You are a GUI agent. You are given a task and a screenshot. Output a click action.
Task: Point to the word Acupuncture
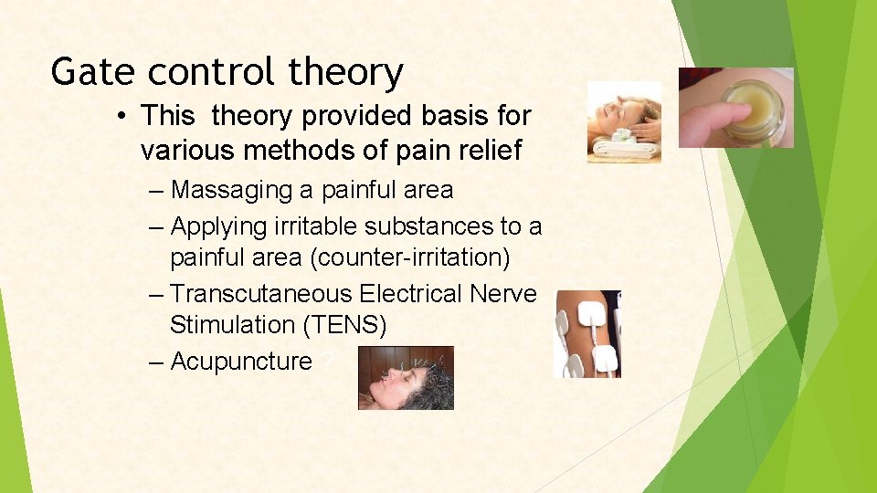coord(241,362)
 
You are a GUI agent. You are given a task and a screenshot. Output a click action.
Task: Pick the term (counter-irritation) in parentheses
coord(410,258)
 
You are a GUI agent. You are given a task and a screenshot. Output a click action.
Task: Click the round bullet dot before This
coord(121,117)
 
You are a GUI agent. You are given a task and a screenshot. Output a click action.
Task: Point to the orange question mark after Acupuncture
coord(326,362)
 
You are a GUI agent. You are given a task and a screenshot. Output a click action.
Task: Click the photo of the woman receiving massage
coord(624,121)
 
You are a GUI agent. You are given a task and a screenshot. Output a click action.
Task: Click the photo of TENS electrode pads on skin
coord(587,334)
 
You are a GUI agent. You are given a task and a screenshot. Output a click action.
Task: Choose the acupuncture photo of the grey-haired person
coord(406,377)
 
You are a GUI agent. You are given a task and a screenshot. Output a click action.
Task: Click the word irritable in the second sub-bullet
coord(307,225)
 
